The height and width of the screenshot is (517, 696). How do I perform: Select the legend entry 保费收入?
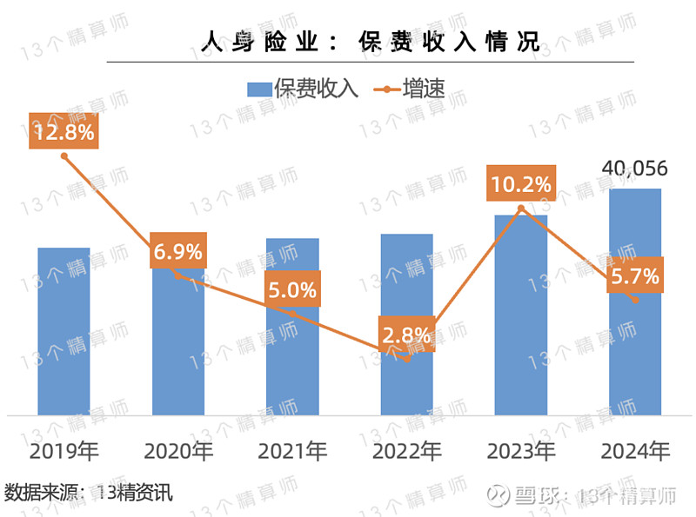point(301,88)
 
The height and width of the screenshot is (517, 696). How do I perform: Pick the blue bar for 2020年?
point(178,348)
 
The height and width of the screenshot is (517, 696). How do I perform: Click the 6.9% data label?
point(178,251)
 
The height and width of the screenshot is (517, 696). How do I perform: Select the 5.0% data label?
point(292,289)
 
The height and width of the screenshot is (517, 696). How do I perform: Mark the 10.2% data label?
point(520,183)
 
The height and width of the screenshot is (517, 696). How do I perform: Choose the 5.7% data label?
point(635,277)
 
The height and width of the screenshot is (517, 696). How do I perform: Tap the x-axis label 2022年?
point(407,451)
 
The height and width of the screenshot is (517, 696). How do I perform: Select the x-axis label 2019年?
point(64,451)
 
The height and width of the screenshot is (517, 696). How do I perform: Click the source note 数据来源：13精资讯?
point(89,493)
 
